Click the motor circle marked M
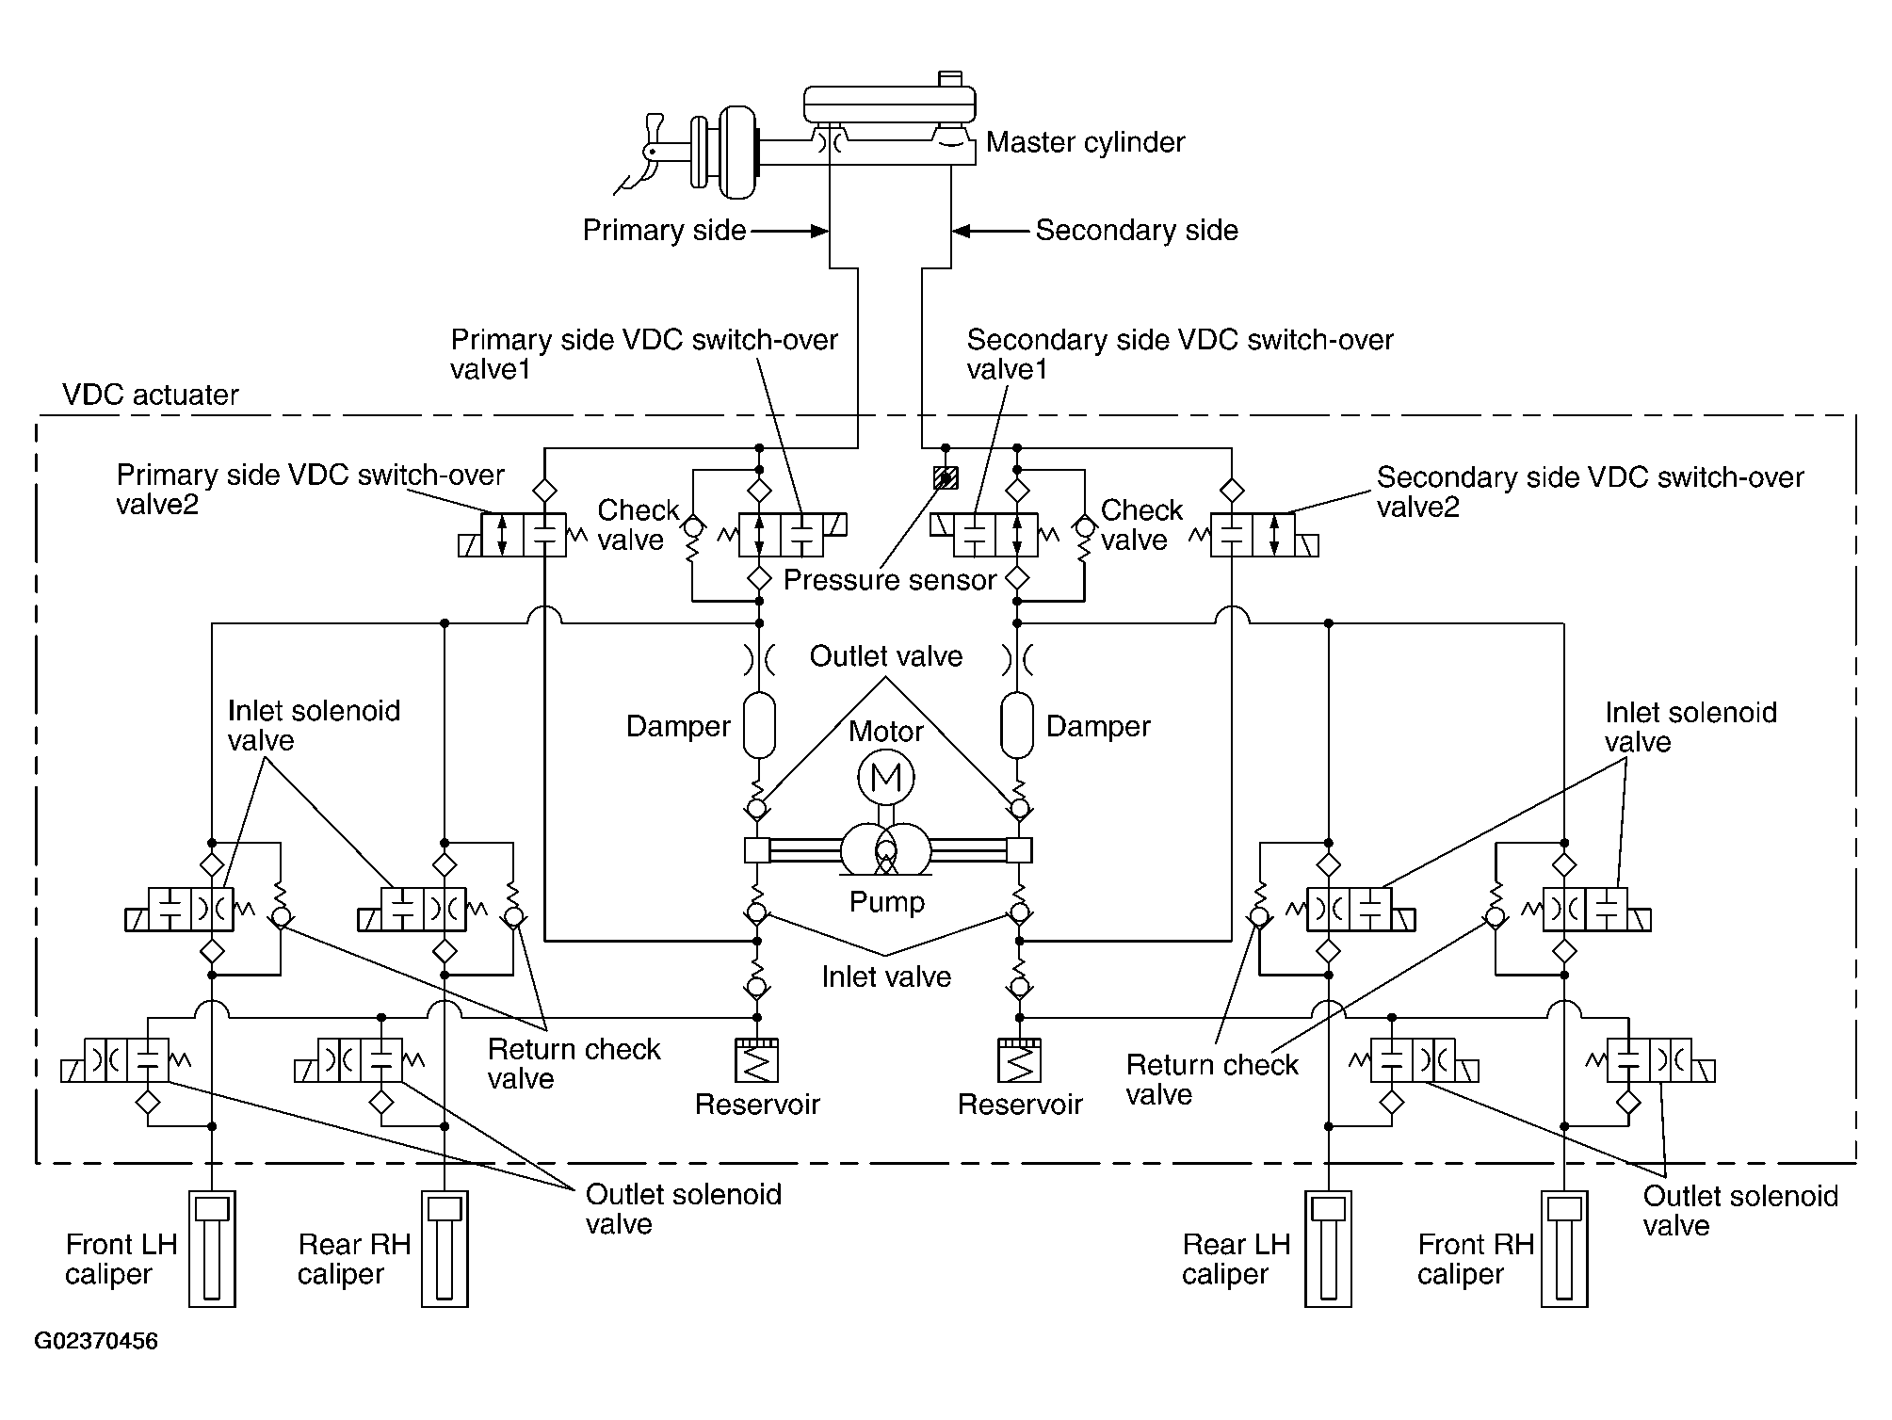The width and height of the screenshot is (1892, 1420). (886, 777)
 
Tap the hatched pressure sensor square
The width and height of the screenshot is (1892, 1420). (946, 477)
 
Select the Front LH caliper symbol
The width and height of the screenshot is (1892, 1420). (212, 1249)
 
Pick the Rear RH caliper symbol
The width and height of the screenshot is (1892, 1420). (445, 1249)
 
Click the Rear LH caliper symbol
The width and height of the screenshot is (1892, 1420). (1328, 1249)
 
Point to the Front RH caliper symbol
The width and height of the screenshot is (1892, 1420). (1564, 1249)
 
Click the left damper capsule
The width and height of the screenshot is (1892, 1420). (759, 725)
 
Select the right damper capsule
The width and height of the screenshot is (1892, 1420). (1017, 725)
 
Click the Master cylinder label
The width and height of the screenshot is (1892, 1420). (1085, 142)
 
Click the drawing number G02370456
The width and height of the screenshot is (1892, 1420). (96, 1341)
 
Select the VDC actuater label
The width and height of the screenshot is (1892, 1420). (151, 394)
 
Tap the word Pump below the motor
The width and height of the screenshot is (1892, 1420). (887, 902)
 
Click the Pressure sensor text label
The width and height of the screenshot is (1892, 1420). (890, 580)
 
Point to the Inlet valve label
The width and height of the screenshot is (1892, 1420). (886, 976)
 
